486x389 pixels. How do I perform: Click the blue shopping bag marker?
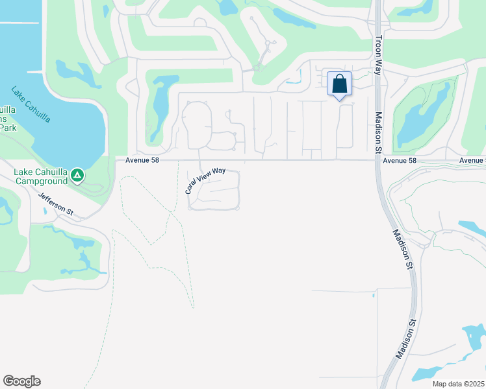click(x=339, y=84)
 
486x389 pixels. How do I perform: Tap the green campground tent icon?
click(x=77, y=174)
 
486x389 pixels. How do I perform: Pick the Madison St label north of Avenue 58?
click(x=379, y=134)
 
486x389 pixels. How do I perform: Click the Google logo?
click(x=21, y=381)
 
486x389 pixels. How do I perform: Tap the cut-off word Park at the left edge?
click(x=8, y=128)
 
